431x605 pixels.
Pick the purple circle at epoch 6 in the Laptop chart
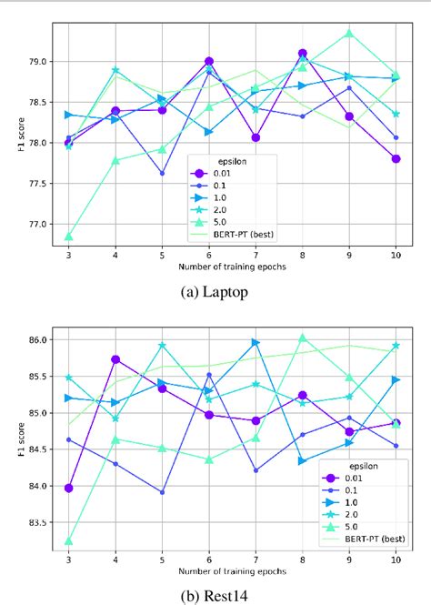pos(209,62)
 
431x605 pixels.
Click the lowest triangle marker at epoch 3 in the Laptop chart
pos(69,237)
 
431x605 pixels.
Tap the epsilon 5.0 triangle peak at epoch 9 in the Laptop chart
pos(348,34)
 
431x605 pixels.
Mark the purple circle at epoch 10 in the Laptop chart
pos(396,158)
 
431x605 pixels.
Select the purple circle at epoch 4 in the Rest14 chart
pos(115,359)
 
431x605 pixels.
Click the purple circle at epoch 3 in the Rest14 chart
pos(69,488)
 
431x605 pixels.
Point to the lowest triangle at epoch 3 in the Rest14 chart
pos(69,541)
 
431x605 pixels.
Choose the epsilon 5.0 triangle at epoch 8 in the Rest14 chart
pos(303,338)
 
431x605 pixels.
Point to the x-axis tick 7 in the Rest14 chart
pos(256,558)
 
